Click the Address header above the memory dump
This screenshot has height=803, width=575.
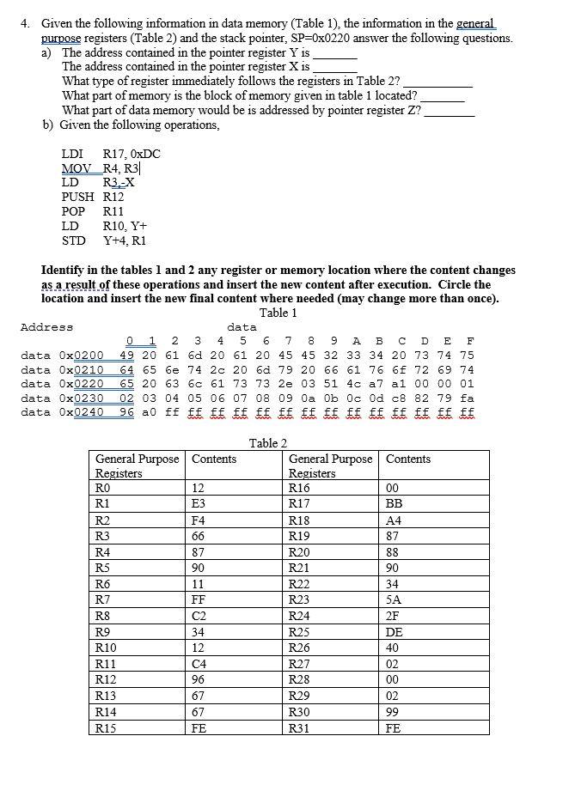46,327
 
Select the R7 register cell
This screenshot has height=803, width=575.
103,599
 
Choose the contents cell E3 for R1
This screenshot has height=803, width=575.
198,504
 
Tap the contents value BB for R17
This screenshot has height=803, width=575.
395,504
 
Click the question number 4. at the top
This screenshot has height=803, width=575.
27,25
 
